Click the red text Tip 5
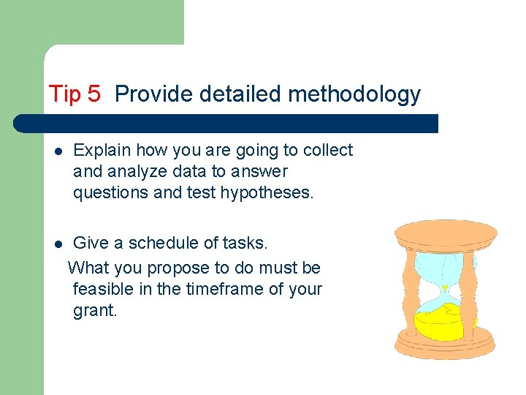coord(75,94)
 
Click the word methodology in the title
coord(354,94)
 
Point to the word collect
coord(327,151)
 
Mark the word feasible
coord(102,289)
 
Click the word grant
coord(94,310)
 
